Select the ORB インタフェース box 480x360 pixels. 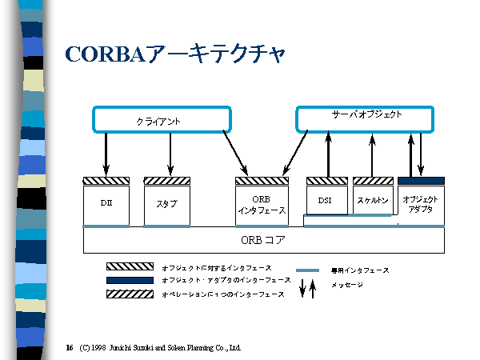click(262, 205)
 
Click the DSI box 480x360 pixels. click(326, 201)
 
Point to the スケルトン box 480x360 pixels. click(373, 201)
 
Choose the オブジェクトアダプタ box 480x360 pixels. click(421, 205)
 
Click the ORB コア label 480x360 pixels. click(264, 239)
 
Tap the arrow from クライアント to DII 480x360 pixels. click(106, 154)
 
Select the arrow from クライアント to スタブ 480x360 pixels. click(170, 154)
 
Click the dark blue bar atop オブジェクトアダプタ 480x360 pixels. click(421, 181)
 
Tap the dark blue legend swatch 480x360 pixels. click(129, 280)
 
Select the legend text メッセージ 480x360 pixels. click(347, 286)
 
